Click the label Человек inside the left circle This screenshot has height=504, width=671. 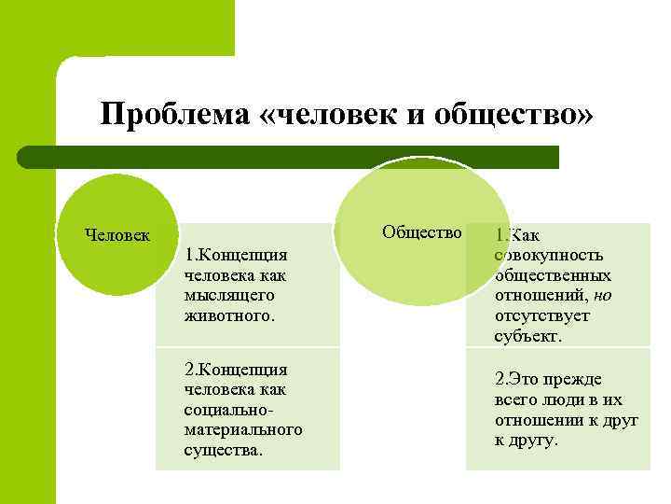pos(117,234)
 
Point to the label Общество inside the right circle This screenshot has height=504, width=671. pos(422,232)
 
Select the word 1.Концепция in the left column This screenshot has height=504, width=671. pos(235,255)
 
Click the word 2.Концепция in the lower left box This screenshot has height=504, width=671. pos(236,370)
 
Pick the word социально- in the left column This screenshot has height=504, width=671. pos(227,410)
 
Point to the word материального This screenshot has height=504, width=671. pos(243,429)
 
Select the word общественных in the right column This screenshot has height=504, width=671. pos(553,275)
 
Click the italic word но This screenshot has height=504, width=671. pos(602,295)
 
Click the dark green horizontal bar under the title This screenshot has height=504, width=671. pos(289,157)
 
